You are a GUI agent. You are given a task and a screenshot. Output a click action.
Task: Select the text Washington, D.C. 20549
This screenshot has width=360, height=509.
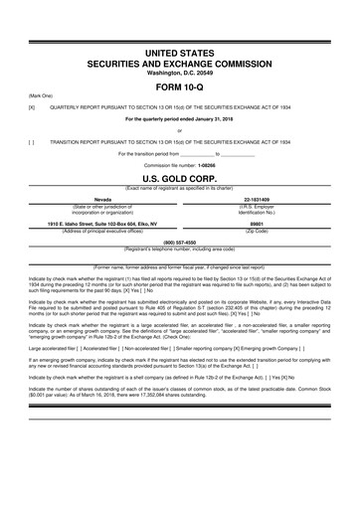coord(179,72)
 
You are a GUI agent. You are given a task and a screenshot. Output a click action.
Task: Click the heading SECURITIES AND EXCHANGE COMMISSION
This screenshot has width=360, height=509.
coord(179,61)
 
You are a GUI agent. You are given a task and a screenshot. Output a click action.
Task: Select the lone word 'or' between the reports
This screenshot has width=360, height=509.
coord(179,130)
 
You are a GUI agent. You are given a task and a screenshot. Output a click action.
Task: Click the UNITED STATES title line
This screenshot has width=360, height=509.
coord(179,49)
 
